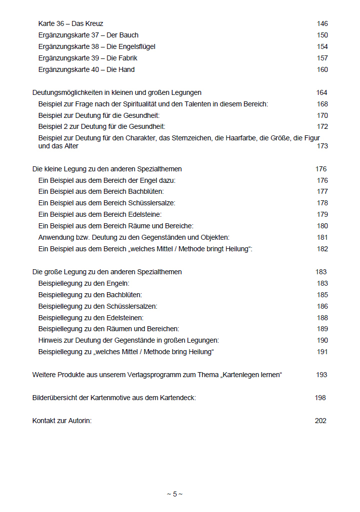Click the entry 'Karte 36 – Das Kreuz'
click(x=70, y=23)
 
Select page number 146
click(x=322, y=23)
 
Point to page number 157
click(x=322, y=58)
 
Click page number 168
click(x=322, y=104)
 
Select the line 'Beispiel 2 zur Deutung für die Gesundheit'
click(x=101, y=126)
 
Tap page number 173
click(x=322, y=146)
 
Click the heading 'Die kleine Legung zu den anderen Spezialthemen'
click(x=106, y=169)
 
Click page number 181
click(x=322, y=237)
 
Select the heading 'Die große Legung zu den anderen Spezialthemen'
click(x=106, y=272)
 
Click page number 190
click(x=322, y=340)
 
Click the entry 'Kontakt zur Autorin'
click(x=62, y=421)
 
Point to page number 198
click(x=320, y=398)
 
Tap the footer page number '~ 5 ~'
click(x=174, y=494)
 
